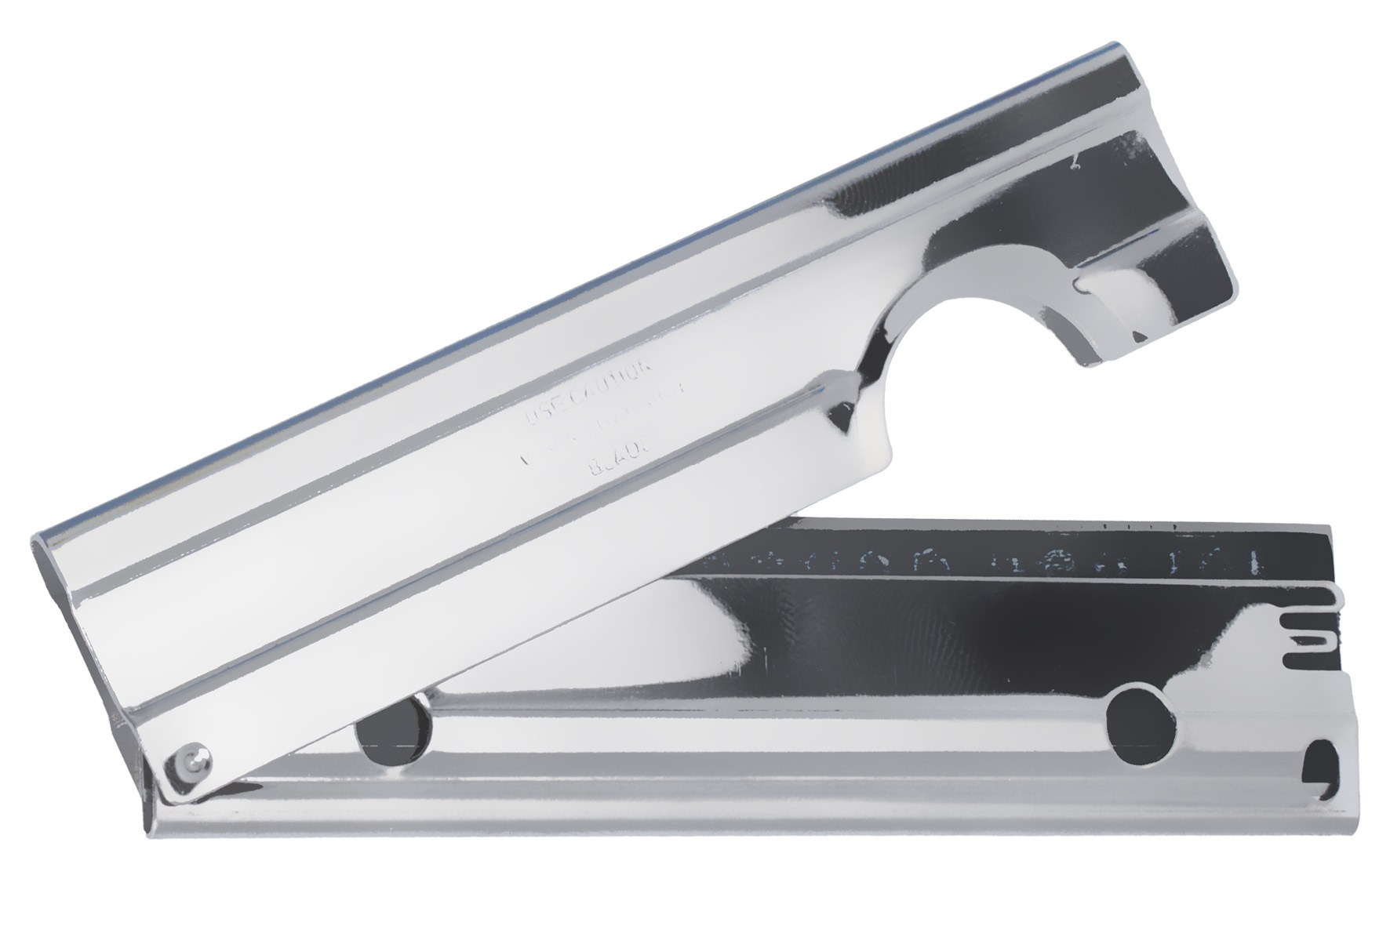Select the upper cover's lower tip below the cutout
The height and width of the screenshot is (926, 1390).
886,463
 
